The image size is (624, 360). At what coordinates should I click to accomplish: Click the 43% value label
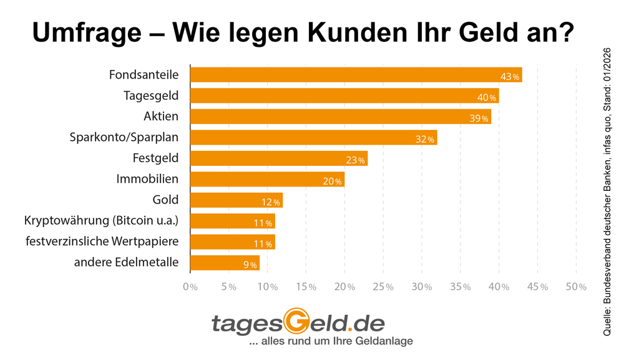510,77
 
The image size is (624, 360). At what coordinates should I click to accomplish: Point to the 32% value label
424,139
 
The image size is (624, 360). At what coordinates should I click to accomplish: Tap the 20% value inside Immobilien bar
332,181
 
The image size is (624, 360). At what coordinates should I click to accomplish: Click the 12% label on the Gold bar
270,202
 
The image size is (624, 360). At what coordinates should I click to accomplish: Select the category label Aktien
161,117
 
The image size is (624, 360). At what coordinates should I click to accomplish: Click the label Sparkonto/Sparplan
124,137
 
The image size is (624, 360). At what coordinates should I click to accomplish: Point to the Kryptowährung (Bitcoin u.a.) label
101,220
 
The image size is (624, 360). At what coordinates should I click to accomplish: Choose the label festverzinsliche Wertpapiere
102,241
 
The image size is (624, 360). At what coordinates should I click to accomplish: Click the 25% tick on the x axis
384,287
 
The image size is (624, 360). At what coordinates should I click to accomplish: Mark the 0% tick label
190,287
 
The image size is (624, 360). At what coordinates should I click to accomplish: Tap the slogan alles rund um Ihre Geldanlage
331,342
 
